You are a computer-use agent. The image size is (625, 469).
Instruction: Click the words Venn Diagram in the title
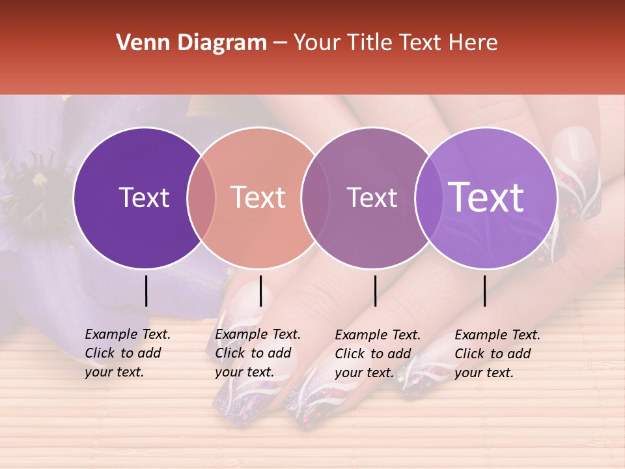tap(191, 43)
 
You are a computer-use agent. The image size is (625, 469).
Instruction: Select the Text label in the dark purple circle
tap(144, 197)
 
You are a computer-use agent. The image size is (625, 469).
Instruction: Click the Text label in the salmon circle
tap(258, 197)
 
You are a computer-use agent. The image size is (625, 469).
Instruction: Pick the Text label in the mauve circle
tap(372, 197)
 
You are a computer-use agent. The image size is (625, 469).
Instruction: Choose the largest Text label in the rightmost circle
tap(486, 197)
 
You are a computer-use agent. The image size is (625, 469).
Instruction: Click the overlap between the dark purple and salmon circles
tap(201, 197)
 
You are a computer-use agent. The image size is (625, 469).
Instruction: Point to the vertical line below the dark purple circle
tap(146, 291)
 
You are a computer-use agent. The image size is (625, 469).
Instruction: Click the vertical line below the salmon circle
tap(260, 291)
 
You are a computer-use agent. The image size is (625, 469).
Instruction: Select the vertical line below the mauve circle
tap(375, 291)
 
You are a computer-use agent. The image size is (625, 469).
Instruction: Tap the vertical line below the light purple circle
tap(484, 291)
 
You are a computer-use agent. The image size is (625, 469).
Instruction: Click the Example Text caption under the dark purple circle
tap(127, 353)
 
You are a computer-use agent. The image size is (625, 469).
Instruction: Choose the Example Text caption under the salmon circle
tap(257, 353)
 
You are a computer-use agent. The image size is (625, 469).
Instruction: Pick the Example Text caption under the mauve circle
tap(377, 354)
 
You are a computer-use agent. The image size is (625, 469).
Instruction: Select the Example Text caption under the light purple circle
tap(497, 354)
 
